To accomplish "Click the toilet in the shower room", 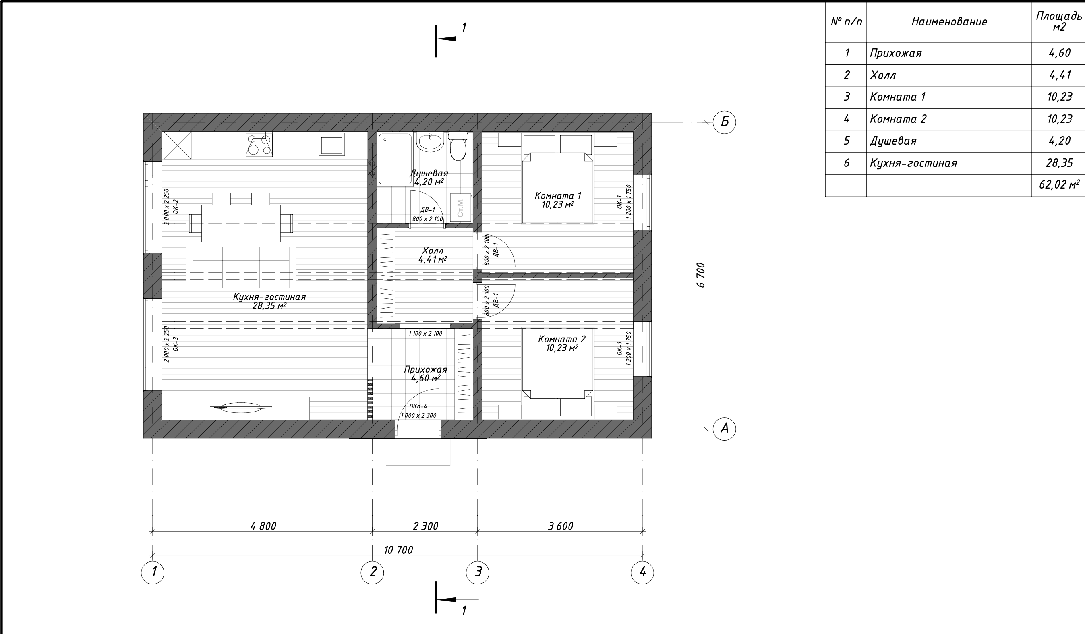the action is pyautogui.click(x=458, y=145).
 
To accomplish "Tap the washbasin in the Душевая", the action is pyautogui.click(x=430, y=142).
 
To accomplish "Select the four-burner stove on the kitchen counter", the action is pyautogui.click(x=259, y=144).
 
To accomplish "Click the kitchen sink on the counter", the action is pyautogui.click(x=331, y=144).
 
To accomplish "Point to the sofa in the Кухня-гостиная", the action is pyautogui.click(x=241, y=267).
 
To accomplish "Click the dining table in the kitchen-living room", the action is pyautogui.click(x=241, y=224).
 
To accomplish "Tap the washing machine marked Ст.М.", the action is pyautogui.click(x=461, y=207).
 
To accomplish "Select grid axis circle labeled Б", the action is pyautogui.click(x=724, y=122).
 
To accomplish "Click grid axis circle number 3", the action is pyautogui.click(x=478, y=572).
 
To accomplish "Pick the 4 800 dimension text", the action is pyautogui.click(x=263, y=526).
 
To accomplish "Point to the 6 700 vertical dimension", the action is pyautogui.click(x=701, y=275).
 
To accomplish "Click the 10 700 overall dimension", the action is pyautogui.click(x=398, y=550).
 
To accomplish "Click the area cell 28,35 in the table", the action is pyautogui.click(x=1060, y=163).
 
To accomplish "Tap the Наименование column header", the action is pyautogui.click(x=949, y=21).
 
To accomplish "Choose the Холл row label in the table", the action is pyautogui.click(x=883, y=75).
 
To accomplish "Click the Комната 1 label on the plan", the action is pyautogui.click(x=557, y=195).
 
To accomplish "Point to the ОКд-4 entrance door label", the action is pyautogui.click(x=418, y=406).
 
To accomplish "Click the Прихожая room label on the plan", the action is pyautogui.click(x=425, y=369).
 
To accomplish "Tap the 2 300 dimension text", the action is pyautogui.click(x=425, y=526).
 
